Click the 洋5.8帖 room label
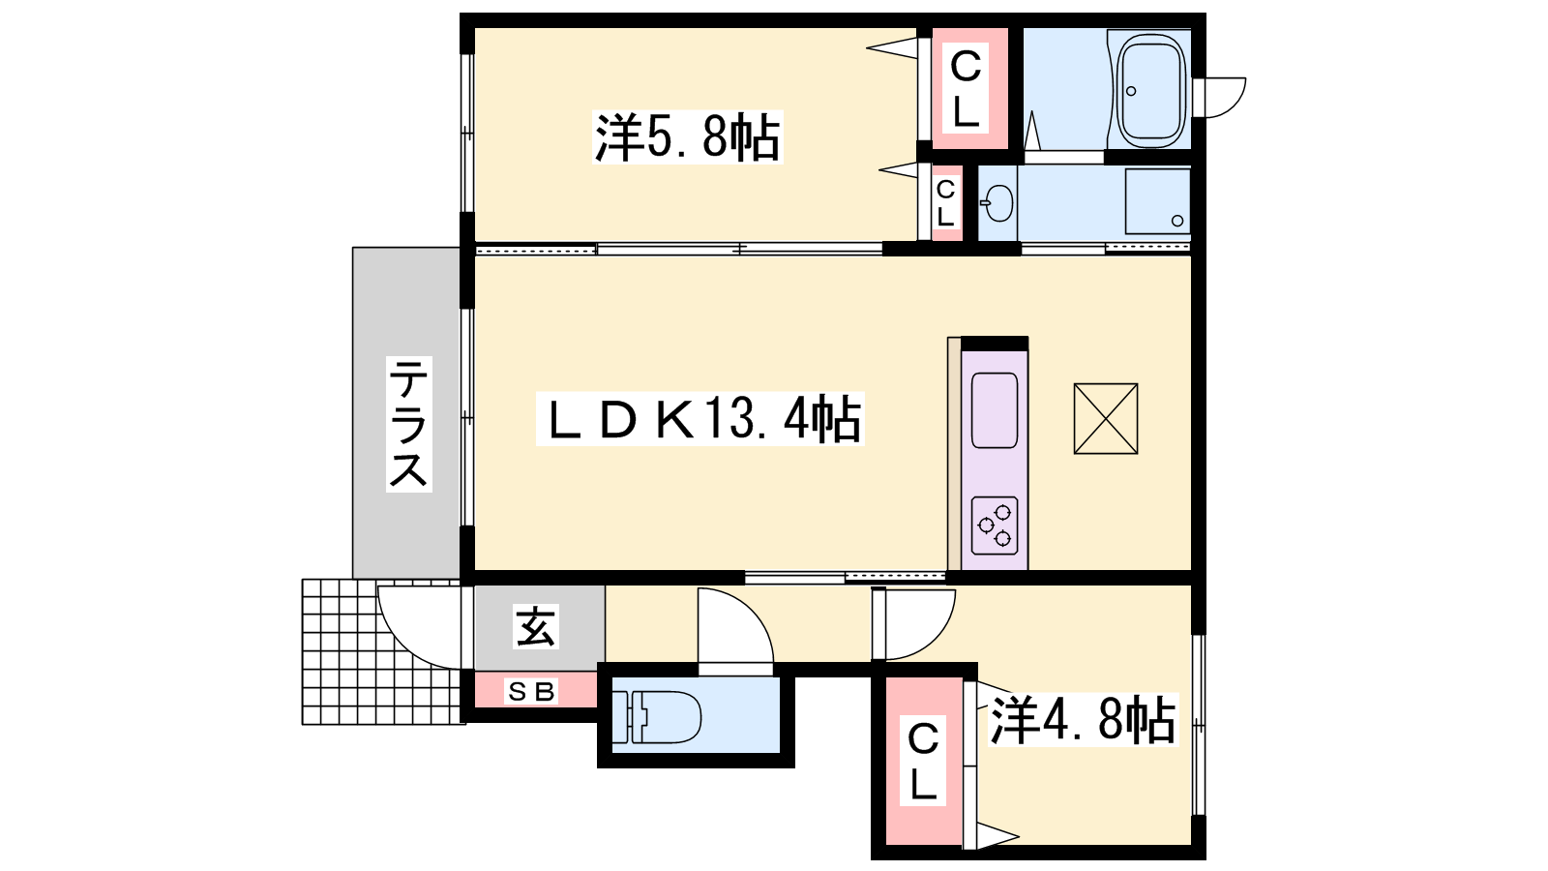687,136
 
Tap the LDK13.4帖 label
700,418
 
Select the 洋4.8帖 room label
1083,719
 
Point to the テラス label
408,424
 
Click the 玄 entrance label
536,626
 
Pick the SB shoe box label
532,691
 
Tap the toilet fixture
657,717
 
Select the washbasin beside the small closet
997,203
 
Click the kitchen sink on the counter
995,410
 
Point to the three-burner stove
995,526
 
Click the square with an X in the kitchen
1106,419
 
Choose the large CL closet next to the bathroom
966,88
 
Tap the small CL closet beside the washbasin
945,203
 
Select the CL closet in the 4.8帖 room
923,761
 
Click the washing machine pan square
1157,202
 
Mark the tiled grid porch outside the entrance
382,652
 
